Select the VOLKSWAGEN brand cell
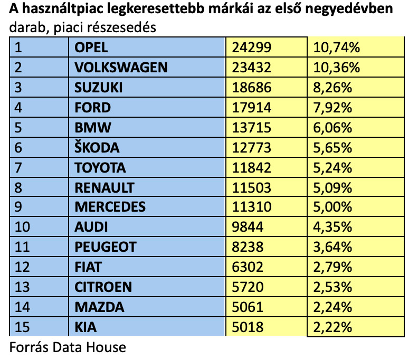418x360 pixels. [x=121, y=68]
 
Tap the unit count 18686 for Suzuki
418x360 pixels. [x=252, y=88]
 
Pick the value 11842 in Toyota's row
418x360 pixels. [x=252, y=168]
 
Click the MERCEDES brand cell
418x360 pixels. [x=110, y=207]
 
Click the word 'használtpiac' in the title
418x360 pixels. [x=59, y=11]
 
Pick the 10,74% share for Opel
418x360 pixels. [x=336, y=48]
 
